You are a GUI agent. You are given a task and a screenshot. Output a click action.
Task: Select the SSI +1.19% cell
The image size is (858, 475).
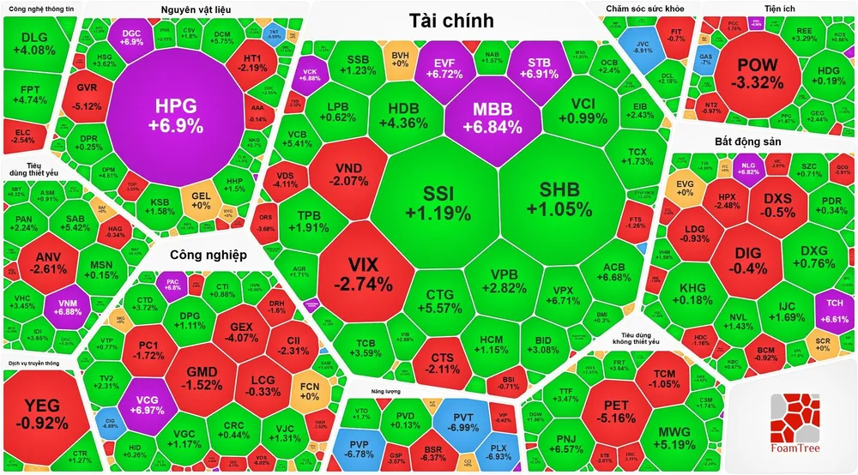point(438,201)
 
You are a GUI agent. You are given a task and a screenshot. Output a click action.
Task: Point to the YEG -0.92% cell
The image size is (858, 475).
point(42,412)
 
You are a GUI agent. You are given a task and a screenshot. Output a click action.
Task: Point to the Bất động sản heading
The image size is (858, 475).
point(748,140)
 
